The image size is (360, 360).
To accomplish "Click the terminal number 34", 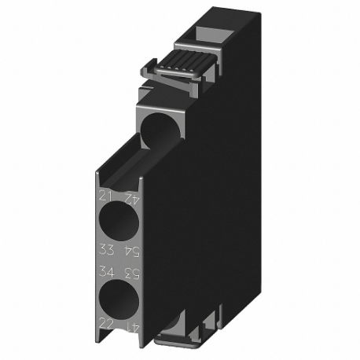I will [x=106, y=272].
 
